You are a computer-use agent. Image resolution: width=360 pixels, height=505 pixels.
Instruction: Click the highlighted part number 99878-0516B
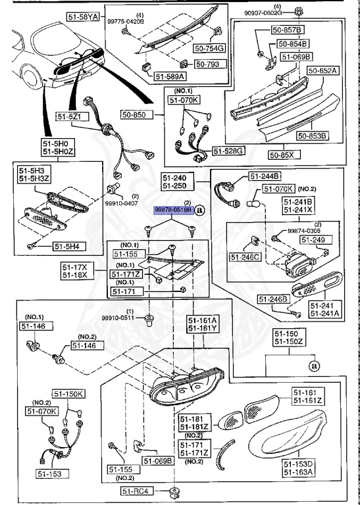[173, 210]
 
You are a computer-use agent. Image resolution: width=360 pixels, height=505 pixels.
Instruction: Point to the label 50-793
[209, 64]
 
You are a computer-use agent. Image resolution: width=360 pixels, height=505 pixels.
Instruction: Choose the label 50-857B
[289, 30]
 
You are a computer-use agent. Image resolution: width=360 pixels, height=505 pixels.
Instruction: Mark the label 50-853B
[312, 135]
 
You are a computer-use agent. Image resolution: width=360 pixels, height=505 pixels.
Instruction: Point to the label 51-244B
[265, 176]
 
